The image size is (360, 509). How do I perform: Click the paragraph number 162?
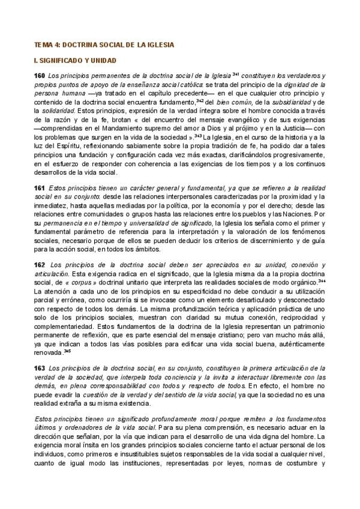[40, 265]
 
